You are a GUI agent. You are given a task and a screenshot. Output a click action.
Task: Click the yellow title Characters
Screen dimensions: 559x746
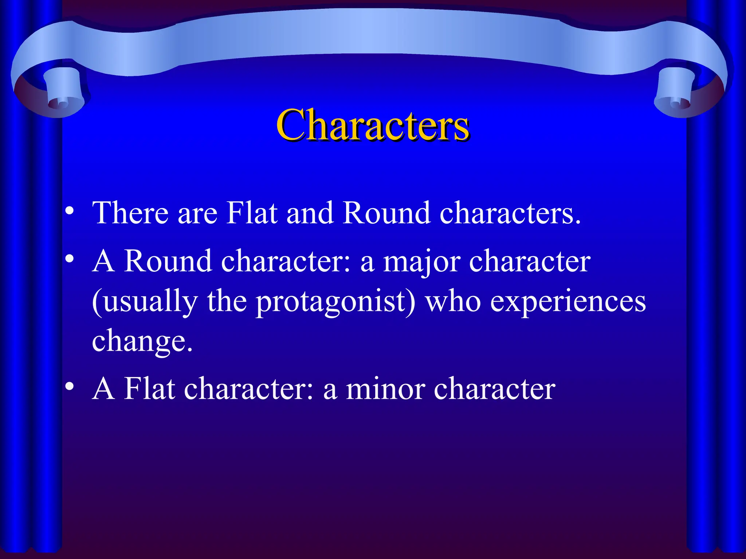tap(373, 125)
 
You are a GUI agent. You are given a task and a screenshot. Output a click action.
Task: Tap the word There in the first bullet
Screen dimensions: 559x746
tap(130, 213)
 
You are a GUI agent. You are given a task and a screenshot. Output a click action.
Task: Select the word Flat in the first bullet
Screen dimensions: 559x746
tap(252, 213)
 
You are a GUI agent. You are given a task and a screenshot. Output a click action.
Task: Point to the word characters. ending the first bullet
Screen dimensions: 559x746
tap(510, 214)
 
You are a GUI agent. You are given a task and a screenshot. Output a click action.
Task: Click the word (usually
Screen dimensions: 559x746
tap(145, 302)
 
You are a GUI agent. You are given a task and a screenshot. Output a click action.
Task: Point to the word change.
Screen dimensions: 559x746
tap(142, 342)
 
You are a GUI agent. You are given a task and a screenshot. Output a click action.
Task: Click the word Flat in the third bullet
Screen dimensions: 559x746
tap(149, 389)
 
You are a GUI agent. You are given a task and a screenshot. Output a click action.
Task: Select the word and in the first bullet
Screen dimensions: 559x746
tap(310, 213)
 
